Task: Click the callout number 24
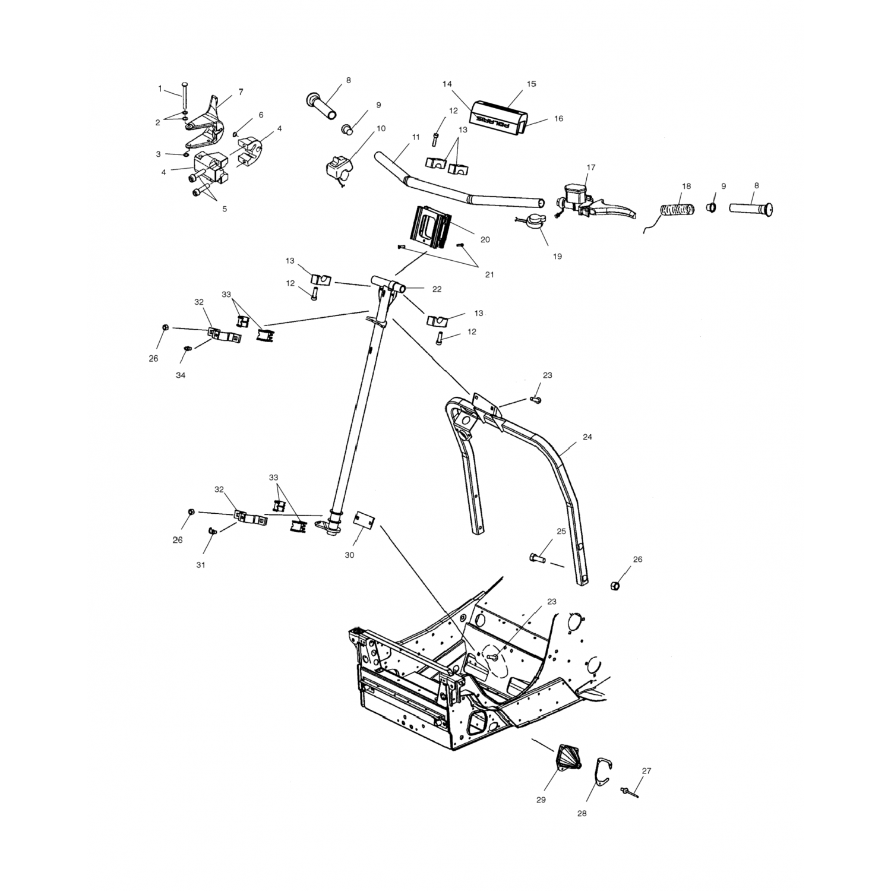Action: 587,437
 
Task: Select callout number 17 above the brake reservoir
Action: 590,168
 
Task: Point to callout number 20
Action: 485,239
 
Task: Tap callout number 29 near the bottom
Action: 541,800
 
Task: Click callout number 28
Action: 582,813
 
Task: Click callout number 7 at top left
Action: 241,92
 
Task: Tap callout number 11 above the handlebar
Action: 416,137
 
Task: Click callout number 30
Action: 349,555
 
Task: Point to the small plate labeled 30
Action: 363,519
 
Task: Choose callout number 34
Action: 181,375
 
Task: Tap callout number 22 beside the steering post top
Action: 437,289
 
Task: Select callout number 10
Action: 381,128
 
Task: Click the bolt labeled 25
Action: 536,558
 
